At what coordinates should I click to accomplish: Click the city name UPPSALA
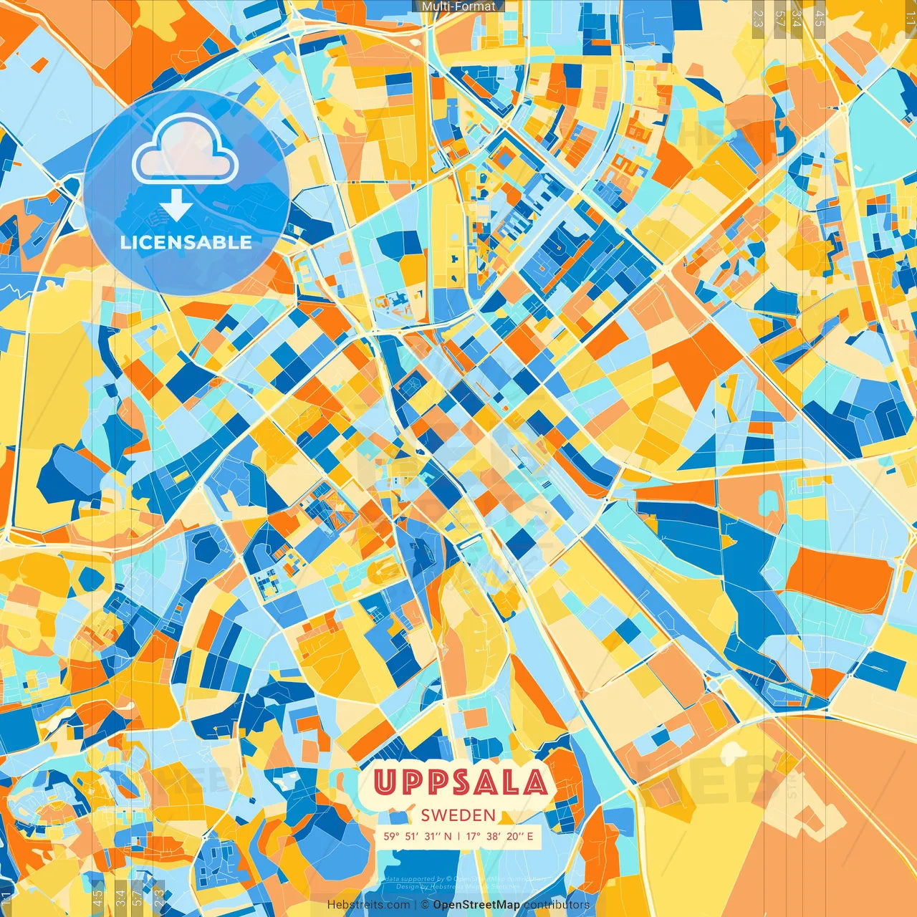coord(460,782)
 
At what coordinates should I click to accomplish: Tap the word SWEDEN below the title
coord(458,815)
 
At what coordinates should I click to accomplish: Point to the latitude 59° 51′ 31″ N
coord(417,836)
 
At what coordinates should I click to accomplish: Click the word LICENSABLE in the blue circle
coord(186,242)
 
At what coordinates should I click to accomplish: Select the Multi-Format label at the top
coord(458,6)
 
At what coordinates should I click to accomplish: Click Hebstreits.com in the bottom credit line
coord(369,905)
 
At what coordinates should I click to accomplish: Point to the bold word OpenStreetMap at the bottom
coord(476,905)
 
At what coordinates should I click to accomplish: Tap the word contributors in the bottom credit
coord(557,905)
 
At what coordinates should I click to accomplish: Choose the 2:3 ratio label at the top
coord(758,19)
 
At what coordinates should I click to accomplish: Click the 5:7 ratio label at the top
coord(780,19)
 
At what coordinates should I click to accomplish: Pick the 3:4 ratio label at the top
coord(797,19)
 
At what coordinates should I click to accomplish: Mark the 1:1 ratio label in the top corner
coord(910,19)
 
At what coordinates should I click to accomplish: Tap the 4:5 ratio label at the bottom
coord(97,898)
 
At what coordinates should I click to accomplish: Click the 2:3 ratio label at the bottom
coord(159,898)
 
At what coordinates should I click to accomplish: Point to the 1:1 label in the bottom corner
coord(6,898)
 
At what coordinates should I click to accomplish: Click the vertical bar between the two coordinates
coord(458,836)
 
